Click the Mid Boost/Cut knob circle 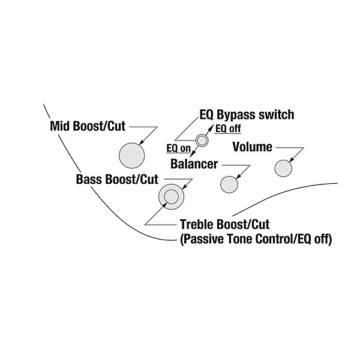[132, 156]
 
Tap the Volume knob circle [284, 168]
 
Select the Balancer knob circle [229, 184]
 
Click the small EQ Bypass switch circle [202, 141]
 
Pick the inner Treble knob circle [170, 196]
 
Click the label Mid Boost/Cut [89, 127]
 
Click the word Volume [252, 147]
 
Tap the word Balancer [193, 163]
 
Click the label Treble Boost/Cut [224, 225]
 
